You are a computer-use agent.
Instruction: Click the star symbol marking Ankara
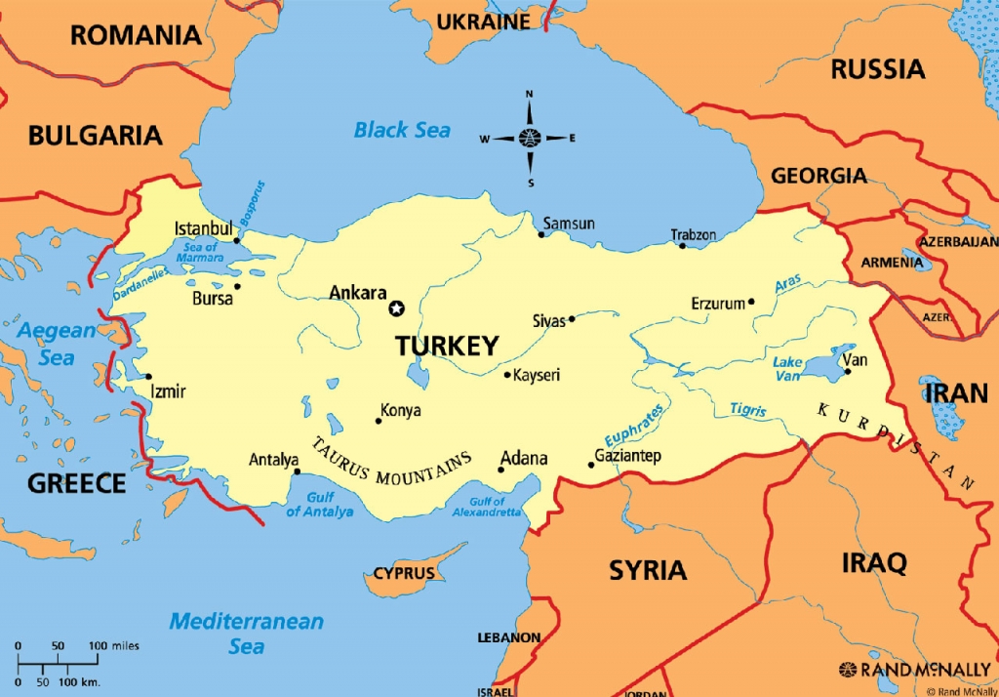[396, 308]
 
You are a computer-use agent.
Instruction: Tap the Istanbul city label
[202, 228]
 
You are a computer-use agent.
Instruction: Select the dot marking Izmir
[148, 376]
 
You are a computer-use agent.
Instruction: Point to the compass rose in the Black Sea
[530, 138]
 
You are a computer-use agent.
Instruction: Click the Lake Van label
[788, 369]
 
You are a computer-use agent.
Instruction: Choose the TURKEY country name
[447, 346]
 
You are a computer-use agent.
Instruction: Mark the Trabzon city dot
[682, 245]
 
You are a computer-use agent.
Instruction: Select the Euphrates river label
[633, 425]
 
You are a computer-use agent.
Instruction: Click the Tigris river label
[748, 410]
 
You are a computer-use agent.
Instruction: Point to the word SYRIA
[648, 570]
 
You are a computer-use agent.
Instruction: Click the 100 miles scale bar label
[114, 646]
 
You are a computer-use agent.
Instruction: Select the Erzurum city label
[718, 304]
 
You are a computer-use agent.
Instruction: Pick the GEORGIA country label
[819, 176]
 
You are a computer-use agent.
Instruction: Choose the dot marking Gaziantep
[590, 465]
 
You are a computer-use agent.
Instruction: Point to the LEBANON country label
[508, 637]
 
